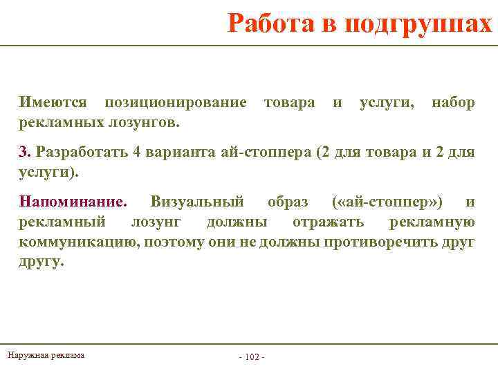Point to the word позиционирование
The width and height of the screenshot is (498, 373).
[175, 103]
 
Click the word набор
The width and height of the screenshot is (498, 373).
[453, 103]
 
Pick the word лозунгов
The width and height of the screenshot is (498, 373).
[143, 122]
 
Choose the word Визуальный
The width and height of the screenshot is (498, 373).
[197, 202]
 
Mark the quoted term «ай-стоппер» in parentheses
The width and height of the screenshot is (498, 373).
[393, 202]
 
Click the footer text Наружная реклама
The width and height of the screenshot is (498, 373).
[46, 355]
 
